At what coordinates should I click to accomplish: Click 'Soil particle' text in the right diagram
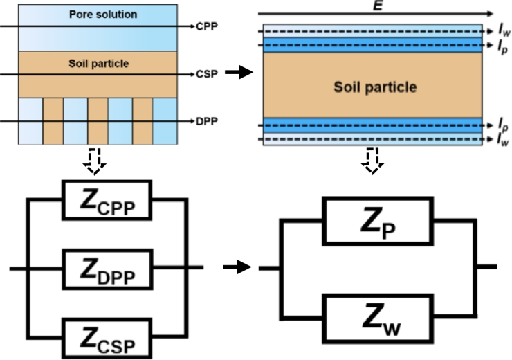[376, 88]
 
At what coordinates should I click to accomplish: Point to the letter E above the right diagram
[376, 6]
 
